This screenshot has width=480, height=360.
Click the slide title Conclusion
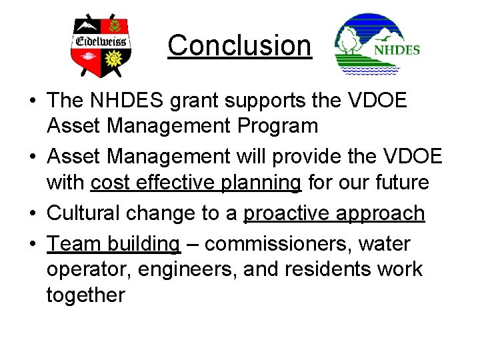[x=239, y=45]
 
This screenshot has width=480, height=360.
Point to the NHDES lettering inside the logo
[x=397, y=49]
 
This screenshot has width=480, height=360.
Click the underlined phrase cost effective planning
[x=195, y=182]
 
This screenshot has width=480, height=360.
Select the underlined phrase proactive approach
[x=334, y=213]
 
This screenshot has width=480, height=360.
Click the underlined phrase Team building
[x=113, y=244]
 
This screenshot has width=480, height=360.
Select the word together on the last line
[x=85, y=294]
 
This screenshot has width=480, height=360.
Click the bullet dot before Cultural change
[x=32, y=213]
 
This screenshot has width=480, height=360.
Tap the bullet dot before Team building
[x=32, y=245]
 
